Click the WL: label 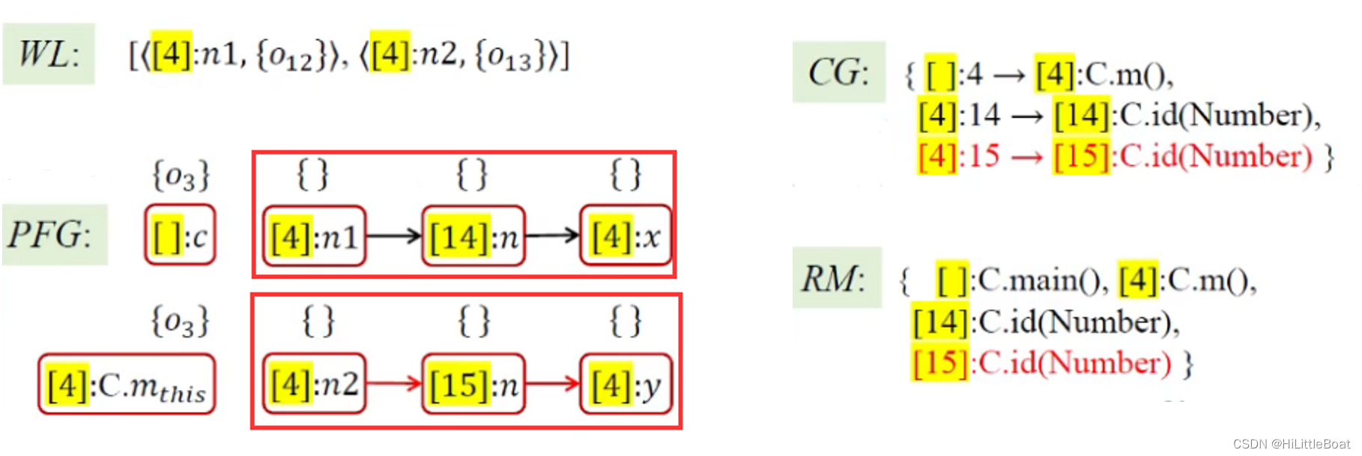tap(49, 54)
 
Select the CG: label tap(838, 73)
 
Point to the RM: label tap(835, 279)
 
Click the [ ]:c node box tap(180, 236)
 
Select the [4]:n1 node tap(314, 237)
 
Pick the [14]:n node tap(473, 237)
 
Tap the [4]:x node tap(626, 237)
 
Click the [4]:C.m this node tap(127, 385)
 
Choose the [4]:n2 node tap(314, 384)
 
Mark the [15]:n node tap(473, 384)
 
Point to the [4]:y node tap(626, 384)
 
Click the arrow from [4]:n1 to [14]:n tap(394, 236)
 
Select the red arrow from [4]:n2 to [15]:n tap(394, 383)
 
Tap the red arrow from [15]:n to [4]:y tap(553, 383)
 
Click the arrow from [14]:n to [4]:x tap(553, 236)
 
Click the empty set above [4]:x tap(626, 175)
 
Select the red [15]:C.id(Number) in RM tap(1041, 363)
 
